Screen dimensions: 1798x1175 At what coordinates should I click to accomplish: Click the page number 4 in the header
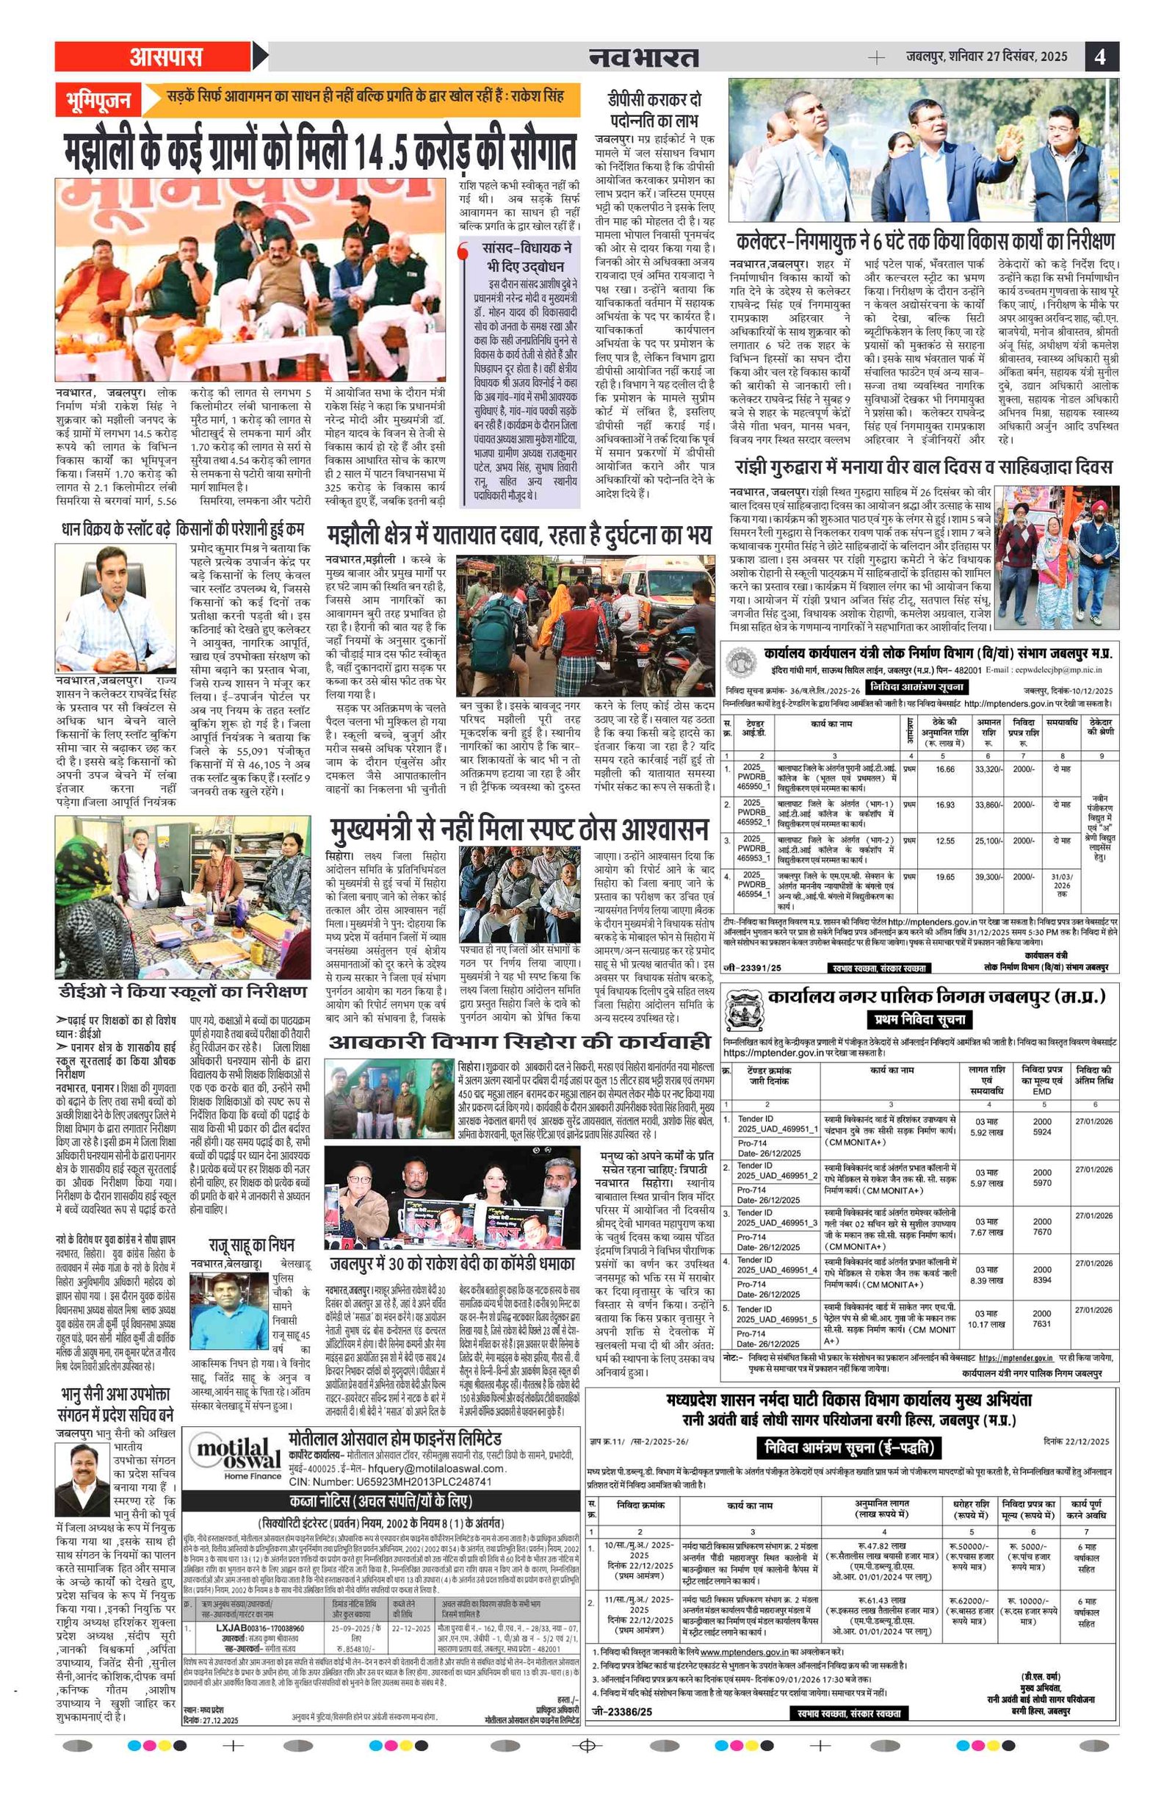point(1100,57)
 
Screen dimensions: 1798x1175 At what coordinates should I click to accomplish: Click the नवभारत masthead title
point(643,57)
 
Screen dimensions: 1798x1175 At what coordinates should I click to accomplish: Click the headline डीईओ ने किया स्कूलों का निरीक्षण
point(183,991)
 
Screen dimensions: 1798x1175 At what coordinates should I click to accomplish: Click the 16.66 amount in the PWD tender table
point(944,770)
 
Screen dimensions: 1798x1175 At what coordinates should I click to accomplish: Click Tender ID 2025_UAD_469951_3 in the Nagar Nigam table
point(777,1223)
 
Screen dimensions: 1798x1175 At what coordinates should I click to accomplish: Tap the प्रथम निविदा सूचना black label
point(919,1019)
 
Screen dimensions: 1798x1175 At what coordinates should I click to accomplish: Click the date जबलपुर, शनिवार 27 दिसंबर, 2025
point(986,57)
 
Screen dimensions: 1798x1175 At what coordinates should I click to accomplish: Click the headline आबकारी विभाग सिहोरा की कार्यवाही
point(519,1043)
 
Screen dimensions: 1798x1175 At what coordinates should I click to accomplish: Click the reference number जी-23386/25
point(622,1706)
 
